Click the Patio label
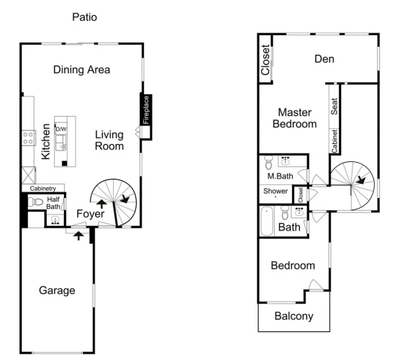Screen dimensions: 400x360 pyautogui.click(x=84, y=17)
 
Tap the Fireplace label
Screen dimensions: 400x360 pyautogui.click(x=146, y=110)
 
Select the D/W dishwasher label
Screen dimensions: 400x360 pyautogui.click(x=61, y=129)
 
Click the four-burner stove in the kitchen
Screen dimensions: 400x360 pyautogui.click(x=28, y=138)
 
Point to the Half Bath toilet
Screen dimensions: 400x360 pyautogui.click(x=35, y=202)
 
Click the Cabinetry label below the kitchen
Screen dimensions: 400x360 pyautogui.click(x=43, y=189)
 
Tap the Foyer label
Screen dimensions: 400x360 pyautogui.click(x=91, y=214)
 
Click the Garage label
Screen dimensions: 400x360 pyautogui.click(x=57, y=291)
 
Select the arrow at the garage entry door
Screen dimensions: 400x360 pyautogui.click(x=78, y=235)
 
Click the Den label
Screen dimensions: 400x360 pyautogui.click(x=324, y=59)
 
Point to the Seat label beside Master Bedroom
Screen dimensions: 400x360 pyautogui.click(x=335, y=107)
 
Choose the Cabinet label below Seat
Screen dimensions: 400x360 pyautogui.click(x=335, y=141)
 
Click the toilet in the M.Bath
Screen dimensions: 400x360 pyautogui.click(x=268, y=163)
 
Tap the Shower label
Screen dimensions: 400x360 pyautogui.click(x=276, y=191)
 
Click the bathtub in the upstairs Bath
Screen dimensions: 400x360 pyautogui.click(x=267, y=221)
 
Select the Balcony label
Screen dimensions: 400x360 pyautogui.click(x=294, y=316)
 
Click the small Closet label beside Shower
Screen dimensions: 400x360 pyautogui.click(x=301, y=195)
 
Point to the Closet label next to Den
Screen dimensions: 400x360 pyautogui.click(x=265, y=60)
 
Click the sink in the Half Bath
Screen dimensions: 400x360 pyautogui.click(x=55, y=220)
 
